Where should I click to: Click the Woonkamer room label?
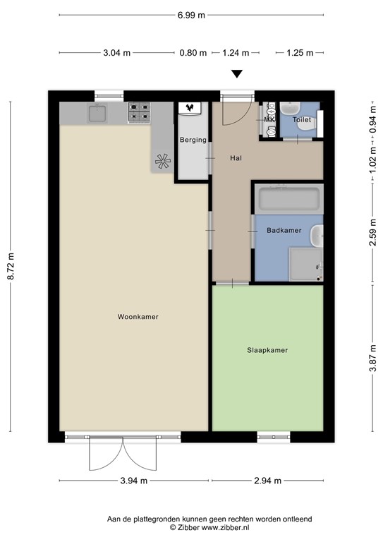(x=138, y=317)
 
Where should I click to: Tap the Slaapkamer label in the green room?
(x=267, y=350)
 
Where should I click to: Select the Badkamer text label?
(x=284, y=231)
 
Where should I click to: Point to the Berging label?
(x=193, y=140)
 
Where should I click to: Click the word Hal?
(x=236, y=158)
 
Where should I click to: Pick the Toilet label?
(x=302, y=121)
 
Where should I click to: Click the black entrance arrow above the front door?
(x=237, y=74)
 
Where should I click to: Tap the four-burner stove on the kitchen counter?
(x=139, y=113)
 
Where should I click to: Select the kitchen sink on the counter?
(x=96, y=112)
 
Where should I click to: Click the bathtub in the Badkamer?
(x=288, y=198)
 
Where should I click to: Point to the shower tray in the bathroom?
(x=307, y=263)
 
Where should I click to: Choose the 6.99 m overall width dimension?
(x=192, y=16)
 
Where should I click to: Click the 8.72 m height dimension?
(x=11, y=266)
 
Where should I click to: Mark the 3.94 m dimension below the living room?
(x=134, y=481)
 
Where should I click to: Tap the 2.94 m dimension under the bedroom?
(x=268, y=481)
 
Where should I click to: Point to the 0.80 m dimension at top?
(x=193, y=53)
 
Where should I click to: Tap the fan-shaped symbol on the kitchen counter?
(x=162, y=162)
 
